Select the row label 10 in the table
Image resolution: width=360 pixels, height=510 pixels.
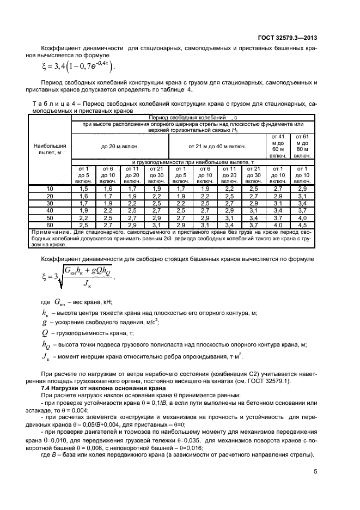click(x=49, y=187)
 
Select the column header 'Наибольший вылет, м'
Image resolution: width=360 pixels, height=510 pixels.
click(x=49, y=149)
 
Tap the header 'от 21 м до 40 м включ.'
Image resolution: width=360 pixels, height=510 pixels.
click(x=217, y=146)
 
